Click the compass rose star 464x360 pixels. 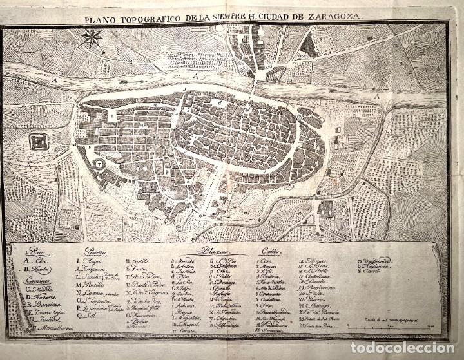[93, 39]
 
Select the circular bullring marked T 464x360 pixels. [100, 165]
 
